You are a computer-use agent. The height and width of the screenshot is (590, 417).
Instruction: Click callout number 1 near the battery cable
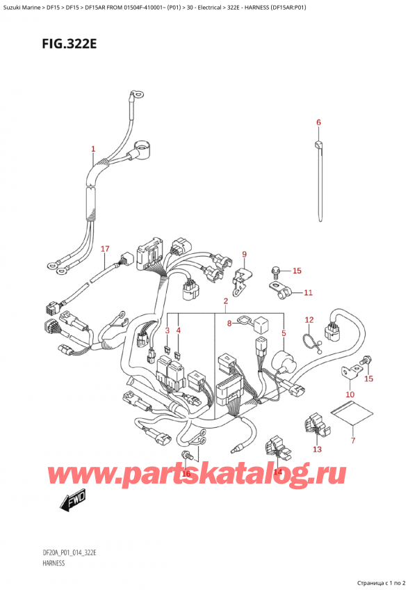[x=93, y=149]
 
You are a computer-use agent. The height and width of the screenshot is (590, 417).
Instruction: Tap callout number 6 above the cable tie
[x=318, y=123]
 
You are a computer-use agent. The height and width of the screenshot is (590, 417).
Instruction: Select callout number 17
[x=105, y=249]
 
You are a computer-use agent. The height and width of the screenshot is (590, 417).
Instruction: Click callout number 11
[x=309, y=293]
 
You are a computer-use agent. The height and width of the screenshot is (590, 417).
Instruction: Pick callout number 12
[x=309, y=321]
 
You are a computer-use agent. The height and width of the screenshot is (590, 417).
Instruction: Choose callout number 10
[x=350, y=394]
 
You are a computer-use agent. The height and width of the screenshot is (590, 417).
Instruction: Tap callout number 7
[x=352, y=440]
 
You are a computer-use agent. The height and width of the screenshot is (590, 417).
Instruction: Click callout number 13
[x=318, y=449]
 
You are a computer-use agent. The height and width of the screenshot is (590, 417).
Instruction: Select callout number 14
[x=278, y=472]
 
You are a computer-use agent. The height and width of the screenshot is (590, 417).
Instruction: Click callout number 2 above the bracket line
[x=226, y=301]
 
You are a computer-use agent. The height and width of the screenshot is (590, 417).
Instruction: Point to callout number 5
[x=283, y=333]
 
